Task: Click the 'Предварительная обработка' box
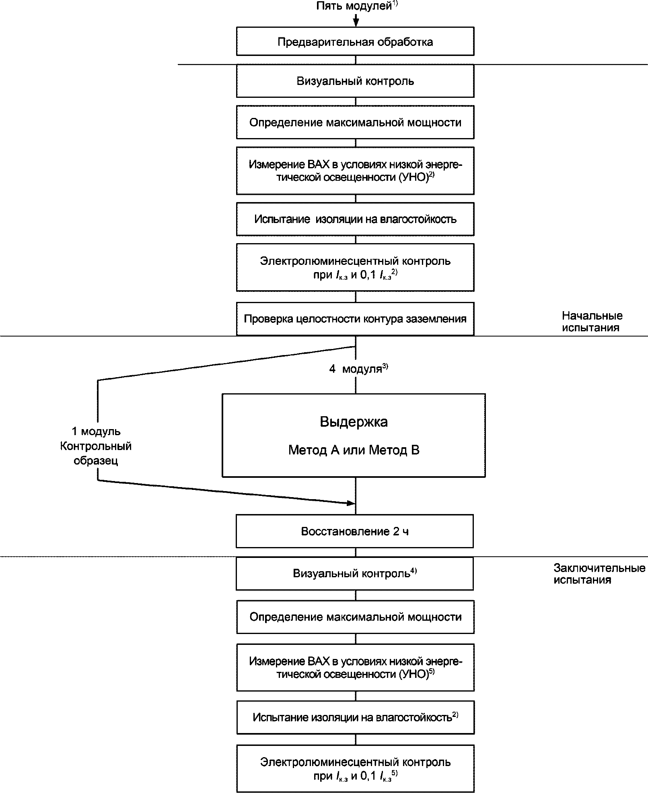coord(355,41)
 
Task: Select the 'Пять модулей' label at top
coord(354,6)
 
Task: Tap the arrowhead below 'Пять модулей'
coord(356,23)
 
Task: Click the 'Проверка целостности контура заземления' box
coord(355,319)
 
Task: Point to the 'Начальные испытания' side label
coord(592,322)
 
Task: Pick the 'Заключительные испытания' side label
coord(599,574)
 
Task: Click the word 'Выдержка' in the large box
coord(354,422)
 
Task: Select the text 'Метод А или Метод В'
coord(354,450)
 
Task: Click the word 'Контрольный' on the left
coord(96,446)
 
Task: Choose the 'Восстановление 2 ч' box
coord(355,531)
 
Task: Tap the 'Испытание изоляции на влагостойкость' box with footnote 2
coord(355,717)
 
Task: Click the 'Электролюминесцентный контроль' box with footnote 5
coord(355,769)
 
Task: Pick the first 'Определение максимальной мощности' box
coord(355,122)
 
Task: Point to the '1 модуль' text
coord(96,432)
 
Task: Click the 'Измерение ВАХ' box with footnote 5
coord(355,667)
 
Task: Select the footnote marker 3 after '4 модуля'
coord(385,366)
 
